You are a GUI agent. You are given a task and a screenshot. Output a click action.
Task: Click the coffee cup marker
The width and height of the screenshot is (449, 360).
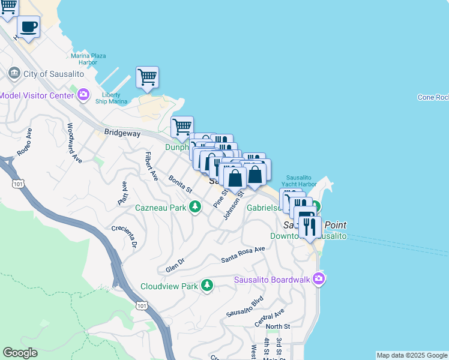(28, 26)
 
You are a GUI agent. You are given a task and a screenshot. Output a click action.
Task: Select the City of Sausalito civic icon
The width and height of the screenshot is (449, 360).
(13, 73)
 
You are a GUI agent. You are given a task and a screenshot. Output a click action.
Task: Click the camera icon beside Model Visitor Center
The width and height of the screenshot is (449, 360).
(83, 95)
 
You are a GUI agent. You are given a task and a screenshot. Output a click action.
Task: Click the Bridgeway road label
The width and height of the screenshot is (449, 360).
(122, 131)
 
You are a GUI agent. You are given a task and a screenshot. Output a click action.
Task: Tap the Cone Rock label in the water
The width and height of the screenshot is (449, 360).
(432, 97)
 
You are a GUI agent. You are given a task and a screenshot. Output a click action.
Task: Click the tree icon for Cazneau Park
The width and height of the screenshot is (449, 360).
(194, 207)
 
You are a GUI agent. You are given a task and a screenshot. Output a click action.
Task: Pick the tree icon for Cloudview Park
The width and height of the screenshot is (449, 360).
(206, 285)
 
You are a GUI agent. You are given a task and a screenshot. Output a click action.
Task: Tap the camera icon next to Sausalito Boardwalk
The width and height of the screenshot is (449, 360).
(319, 278)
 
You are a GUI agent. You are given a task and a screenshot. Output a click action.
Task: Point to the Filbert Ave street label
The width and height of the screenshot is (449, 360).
(150, 166)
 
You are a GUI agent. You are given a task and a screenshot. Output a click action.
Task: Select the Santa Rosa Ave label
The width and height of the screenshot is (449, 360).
(243, 254)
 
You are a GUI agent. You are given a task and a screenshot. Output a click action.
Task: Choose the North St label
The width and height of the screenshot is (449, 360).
(278, 326)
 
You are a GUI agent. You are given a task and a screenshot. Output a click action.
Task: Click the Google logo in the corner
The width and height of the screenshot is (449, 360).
(20, 353)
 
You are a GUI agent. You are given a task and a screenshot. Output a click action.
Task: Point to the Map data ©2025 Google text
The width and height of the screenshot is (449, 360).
(411, 355)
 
